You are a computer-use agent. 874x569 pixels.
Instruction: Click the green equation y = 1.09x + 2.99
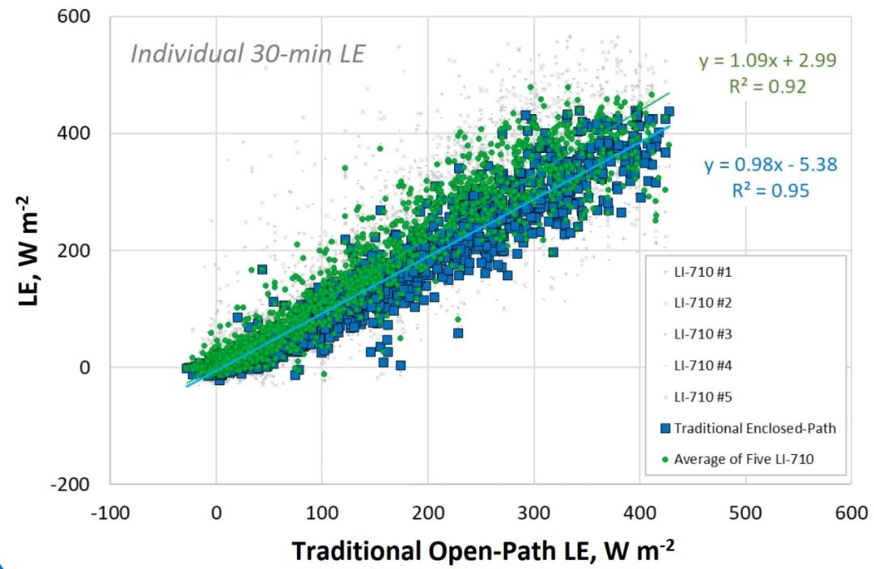[768, 60]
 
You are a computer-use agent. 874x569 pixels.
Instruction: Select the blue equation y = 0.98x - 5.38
[770, 165]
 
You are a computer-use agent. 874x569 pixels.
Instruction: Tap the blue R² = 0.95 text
[770, 190]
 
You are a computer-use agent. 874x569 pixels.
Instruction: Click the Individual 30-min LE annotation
[248, 54]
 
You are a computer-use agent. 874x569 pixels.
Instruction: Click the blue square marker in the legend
[665, 427]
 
